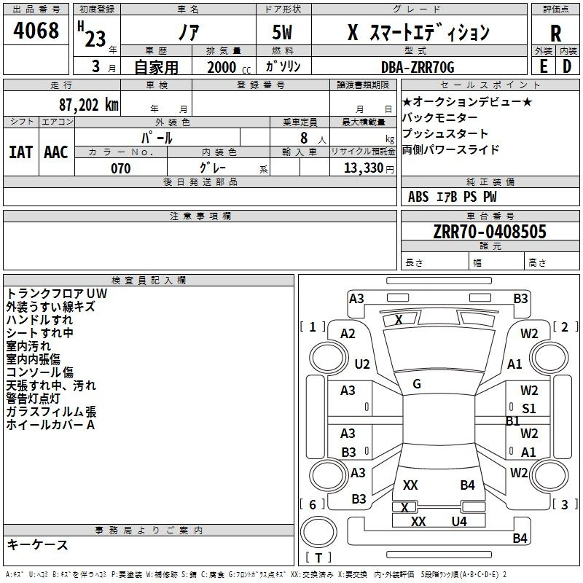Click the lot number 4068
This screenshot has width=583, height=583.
click(36, 30)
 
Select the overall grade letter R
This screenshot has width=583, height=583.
click(555, 34)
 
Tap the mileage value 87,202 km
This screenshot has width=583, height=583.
click(89, 105)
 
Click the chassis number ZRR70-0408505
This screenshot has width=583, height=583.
click(490, 231)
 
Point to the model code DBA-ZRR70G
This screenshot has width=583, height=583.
click(418, 67)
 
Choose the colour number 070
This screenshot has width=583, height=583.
click(120, 168)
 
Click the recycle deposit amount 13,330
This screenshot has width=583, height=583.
click(363, 168)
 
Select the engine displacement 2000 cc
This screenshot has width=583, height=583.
click(229, 67)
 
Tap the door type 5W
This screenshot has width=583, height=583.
click(282, 32)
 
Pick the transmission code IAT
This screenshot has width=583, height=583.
click(20, 152)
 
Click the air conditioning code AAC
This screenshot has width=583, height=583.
click(56, 152)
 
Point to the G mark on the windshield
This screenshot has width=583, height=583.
click(417, 384)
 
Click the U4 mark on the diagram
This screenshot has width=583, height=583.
click(459, 522)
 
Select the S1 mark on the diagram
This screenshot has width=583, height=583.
click(529, 409)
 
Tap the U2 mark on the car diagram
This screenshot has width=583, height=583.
click(362, 364)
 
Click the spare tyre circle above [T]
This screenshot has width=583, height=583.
click(318, 532)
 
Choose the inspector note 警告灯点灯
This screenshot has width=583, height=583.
click(33, 398)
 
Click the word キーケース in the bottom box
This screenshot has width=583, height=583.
click(37, 544)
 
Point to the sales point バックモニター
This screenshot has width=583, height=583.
click(440, 118)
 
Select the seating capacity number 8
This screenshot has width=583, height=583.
click(304, 138)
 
